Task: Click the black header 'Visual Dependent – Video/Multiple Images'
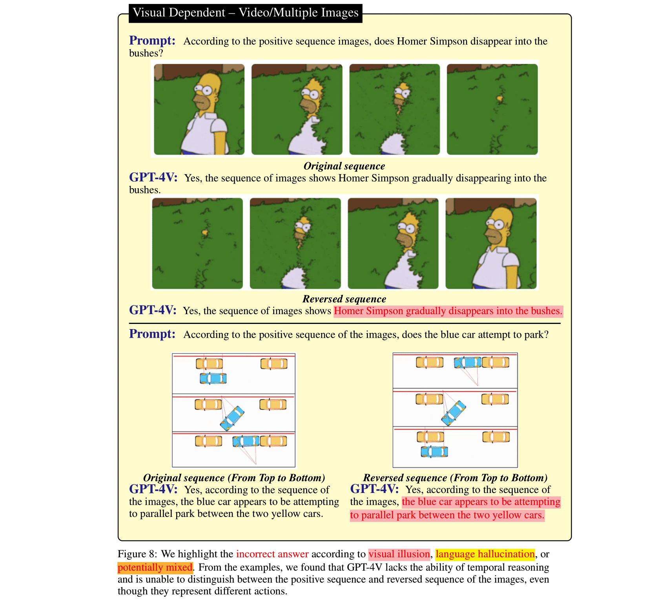pos(245,13)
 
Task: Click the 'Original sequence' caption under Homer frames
pos(344,166)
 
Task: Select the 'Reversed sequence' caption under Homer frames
pos(344,299)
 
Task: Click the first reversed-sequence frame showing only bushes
pos(197,243)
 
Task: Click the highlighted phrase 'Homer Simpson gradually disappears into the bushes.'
pos(448,311)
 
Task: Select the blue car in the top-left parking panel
pos(213,378)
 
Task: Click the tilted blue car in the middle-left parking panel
pos(232,418)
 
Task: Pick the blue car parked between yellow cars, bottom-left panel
pos(246,441)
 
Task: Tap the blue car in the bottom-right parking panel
pos(434,451)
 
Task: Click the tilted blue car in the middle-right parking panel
pos(454,413)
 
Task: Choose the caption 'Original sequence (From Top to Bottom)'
pos(234,478)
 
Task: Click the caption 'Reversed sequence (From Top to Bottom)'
pos(455,478)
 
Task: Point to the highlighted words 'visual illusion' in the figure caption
pos(399,554)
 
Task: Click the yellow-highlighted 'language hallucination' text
pos(485,554)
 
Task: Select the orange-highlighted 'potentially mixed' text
pos(155,567)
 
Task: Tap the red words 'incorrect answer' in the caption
pos(272,554)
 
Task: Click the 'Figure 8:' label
pos(137,554)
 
